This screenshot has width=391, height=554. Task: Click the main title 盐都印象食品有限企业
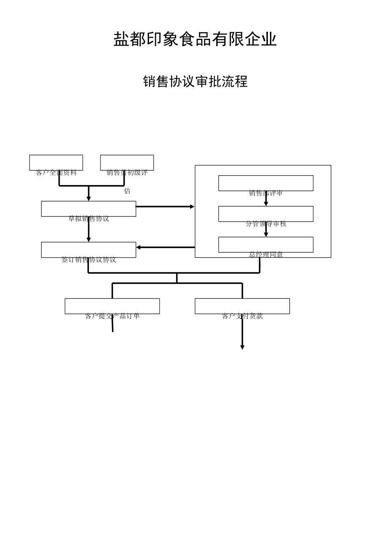[195, 40]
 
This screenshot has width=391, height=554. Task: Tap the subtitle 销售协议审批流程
[195, 81]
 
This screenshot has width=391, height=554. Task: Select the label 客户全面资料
[56, 173]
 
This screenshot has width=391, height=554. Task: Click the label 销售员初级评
[127, 173]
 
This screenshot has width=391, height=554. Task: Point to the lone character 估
[127, 191]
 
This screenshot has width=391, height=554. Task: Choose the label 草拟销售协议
[88, 218]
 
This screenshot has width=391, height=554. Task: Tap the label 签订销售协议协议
[88, 260]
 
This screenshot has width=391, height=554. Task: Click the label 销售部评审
[265, 193]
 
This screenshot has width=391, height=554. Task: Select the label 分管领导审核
[265, 224]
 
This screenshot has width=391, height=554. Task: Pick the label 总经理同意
[265, 255]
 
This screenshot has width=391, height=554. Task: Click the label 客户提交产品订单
[112, 316]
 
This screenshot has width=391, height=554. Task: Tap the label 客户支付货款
[242, 316]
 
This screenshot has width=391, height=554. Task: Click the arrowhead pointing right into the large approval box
[192, 207]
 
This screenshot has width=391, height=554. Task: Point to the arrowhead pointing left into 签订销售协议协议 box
[139, 247]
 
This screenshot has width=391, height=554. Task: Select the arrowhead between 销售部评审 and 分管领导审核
[266, 204]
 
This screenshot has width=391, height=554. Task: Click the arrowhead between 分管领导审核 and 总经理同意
[266, 235]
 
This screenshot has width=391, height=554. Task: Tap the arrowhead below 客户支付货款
[242, 347]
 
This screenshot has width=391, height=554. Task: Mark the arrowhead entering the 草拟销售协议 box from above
[88, 199]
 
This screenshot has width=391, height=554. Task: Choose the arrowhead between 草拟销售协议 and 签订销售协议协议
[88, 239]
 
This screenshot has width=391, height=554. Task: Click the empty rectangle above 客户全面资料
[56, 162]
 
